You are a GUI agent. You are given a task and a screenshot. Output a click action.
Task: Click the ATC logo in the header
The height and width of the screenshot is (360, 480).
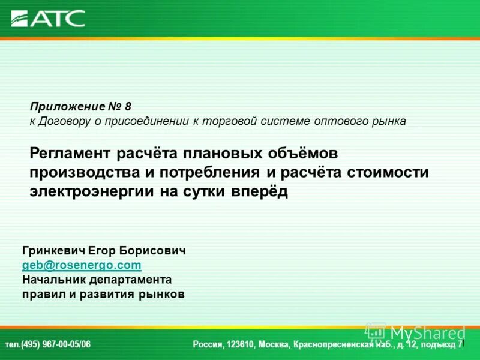click(x=48, y=18)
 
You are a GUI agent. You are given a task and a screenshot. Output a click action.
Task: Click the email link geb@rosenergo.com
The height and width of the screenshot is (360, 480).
click(x=82, y=265)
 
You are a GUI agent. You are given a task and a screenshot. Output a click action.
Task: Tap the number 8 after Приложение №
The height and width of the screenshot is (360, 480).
click(x=128, y=106)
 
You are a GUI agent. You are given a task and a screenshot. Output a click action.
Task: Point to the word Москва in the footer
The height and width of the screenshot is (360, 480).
click(x=275, y=344)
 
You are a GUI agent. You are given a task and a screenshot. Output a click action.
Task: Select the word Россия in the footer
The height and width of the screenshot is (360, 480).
click(x=207, y=344)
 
